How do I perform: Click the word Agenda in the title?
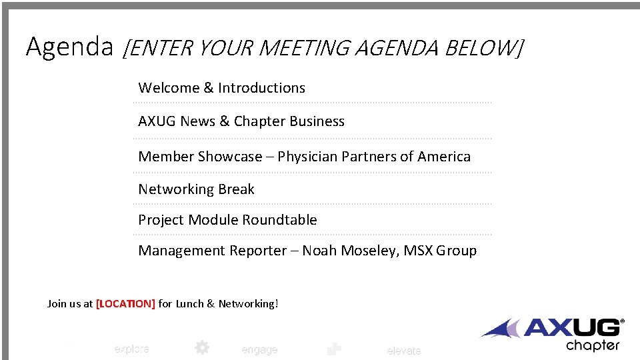pos(69,47)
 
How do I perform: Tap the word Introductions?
pos(261,88)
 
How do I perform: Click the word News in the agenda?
pos(197,121)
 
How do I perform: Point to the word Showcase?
pos(230,157)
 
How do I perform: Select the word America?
pos(444,157)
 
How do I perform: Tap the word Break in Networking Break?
pos(236,189)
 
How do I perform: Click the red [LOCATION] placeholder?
pos(125,304)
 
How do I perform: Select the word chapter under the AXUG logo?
pos(593,345)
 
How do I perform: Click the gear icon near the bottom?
pos(201,347)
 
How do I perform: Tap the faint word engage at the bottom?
pos(259,350)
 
